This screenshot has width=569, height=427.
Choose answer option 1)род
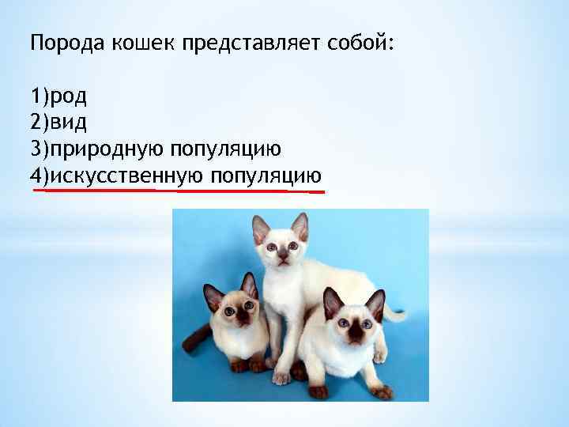pos(59,97)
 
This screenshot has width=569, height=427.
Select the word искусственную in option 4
pos(126,176)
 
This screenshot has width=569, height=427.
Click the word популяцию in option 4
pos(266,176)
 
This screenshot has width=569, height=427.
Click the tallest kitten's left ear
pos(261,229)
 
